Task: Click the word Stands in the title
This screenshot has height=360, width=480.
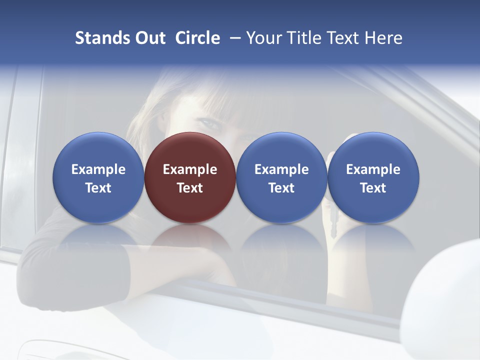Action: point(102,38)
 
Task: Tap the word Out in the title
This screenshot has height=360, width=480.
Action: point(149,38)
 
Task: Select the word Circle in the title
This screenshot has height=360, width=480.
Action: point(197,38)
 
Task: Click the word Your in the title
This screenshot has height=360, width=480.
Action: point(263,38)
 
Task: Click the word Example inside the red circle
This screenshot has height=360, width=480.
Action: point(190,169)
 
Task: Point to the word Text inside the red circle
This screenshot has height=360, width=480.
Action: point(190,188)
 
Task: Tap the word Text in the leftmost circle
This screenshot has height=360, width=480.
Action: point(98,188)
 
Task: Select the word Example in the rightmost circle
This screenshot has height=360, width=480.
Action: point(373,169)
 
